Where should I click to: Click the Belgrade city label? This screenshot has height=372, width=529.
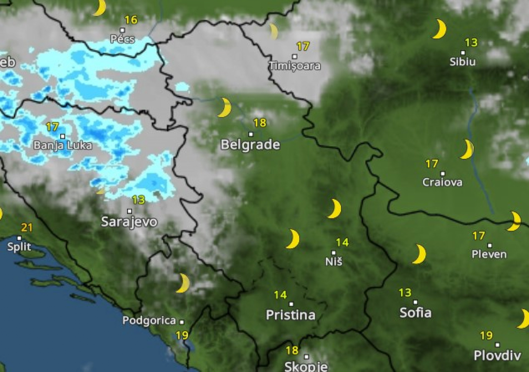click(x=250, y=144)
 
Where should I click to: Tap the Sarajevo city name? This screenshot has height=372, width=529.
click(x=129, y=222)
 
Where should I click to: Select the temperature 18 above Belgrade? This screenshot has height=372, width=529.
click(x=260, y=123)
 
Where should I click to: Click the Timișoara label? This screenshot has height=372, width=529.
click(x=295, y=66)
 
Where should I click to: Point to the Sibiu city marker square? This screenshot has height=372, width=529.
click(x=463, y=53)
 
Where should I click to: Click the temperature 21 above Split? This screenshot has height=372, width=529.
click(x=27, y=228)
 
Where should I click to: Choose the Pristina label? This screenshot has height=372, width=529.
click(x=291, y=315)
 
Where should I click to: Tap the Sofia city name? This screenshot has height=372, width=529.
click(x=415, y=313)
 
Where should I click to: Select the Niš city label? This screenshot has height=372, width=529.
click(x=334, y=261)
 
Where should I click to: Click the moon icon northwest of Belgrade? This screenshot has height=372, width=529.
click(x=224, y=107)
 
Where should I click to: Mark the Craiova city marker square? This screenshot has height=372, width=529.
click(x=443, y=174)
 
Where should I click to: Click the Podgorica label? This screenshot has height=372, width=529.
click(x=149, y=321)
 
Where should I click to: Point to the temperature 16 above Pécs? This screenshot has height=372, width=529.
click(x=131, y=20)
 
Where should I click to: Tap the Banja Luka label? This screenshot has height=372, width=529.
click(x=63, y=145)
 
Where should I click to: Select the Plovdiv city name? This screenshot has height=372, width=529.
click(x=497, y=355)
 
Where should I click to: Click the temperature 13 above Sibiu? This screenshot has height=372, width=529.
click(x=471, y=42)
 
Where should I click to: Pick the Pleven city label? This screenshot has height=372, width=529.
click(x=489, y=254)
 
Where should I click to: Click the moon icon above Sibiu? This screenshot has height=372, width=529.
click(x=439, y=29)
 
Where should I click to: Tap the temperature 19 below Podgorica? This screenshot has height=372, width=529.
click(x=182, y=335)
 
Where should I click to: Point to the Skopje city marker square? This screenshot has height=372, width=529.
click(x=306, y=357)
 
